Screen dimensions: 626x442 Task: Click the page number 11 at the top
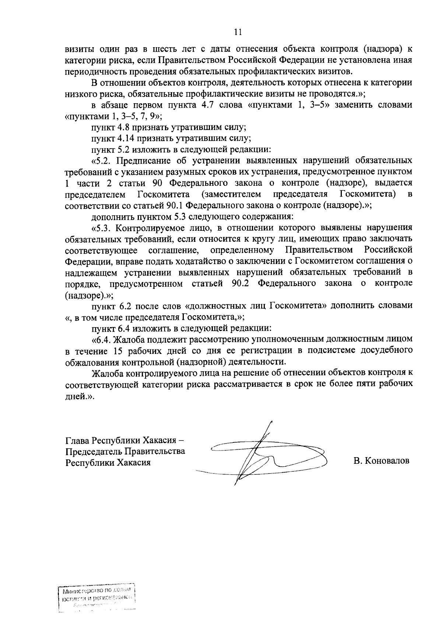[238, 32]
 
